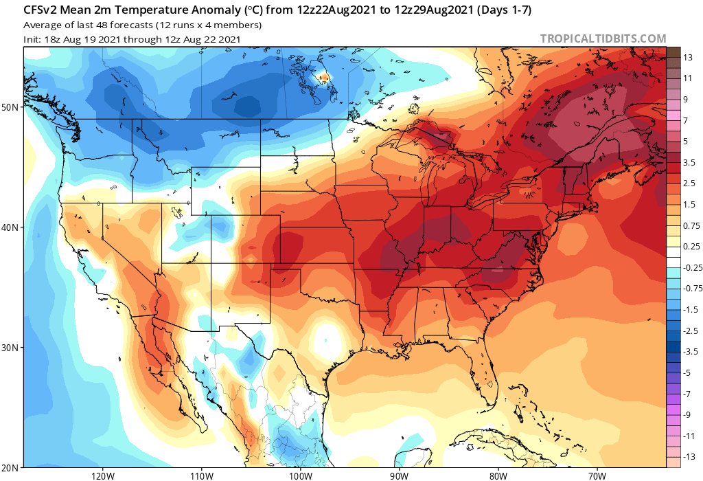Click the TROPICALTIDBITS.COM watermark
click(x=603, y=38)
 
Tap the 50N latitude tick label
click(x=10, y=107)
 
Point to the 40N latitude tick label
click(x=10, y=227)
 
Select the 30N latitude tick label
click(x=10, y=348)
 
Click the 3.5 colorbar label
click(x=688, y=163)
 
